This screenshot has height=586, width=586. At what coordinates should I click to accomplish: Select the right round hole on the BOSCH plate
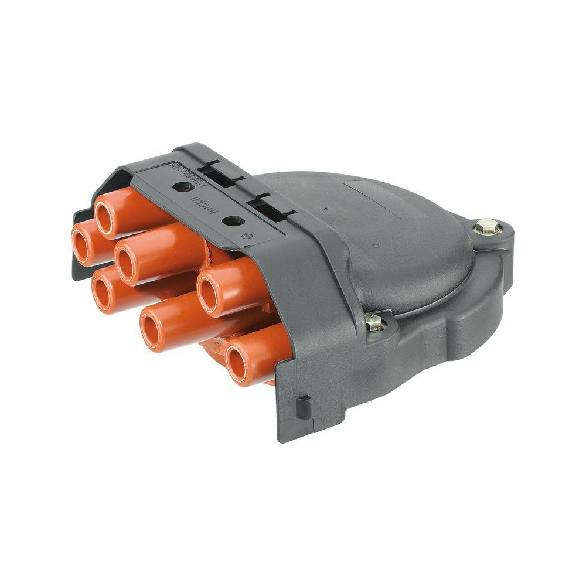[x=233, y=222]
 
